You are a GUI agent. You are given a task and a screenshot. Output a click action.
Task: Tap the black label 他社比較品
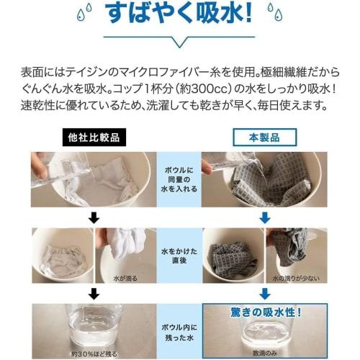(x=91, y=137)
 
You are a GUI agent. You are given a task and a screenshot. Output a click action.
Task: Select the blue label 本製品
(x=264, y=137)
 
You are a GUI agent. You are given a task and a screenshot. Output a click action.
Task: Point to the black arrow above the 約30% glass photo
(x=91, y=293)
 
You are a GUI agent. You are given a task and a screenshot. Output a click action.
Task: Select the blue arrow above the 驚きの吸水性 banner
(x=264, y=293)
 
